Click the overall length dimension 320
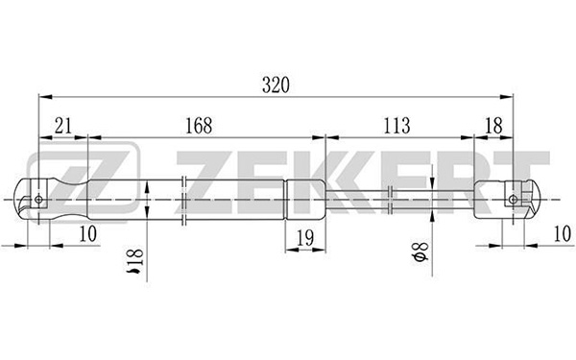coord(276,84)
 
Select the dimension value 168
coord(199,126)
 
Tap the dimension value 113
coord(396,126)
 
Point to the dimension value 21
coord(62,126)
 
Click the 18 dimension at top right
coord(493,126)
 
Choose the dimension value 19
coord(305,238)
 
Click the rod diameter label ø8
coord(421,252)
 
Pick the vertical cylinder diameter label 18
coord(134,261)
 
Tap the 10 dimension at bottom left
coord(87,233)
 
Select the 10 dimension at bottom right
coord(563,233)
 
